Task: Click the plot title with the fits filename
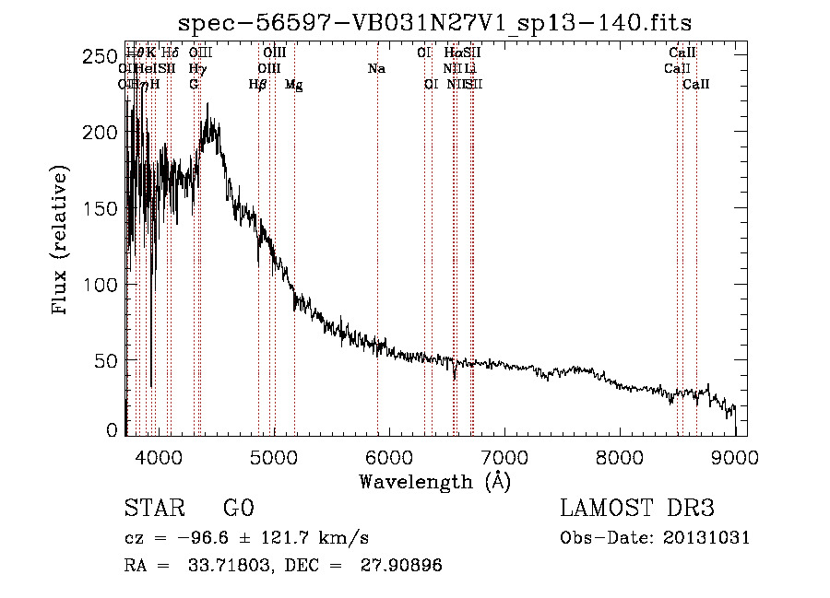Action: coord(435,22)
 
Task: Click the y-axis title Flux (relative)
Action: coord(61,241)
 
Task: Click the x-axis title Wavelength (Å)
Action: coord(435,481)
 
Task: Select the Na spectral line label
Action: coord(376,69)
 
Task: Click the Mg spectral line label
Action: coord(294,85)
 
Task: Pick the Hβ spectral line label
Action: coord(258,85)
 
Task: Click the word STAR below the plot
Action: coord(154,509)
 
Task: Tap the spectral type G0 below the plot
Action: coord(238,509)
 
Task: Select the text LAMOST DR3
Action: coord(637,509)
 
